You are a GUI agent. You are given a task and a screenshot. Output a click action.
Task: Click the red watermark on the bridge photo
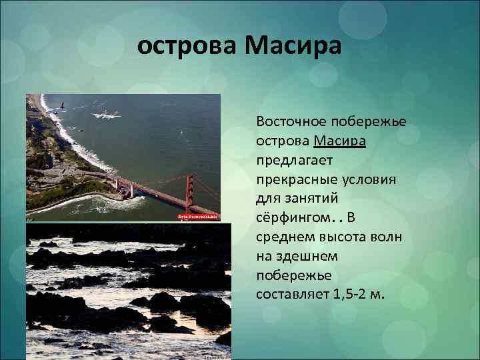(x=197, y=217)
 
